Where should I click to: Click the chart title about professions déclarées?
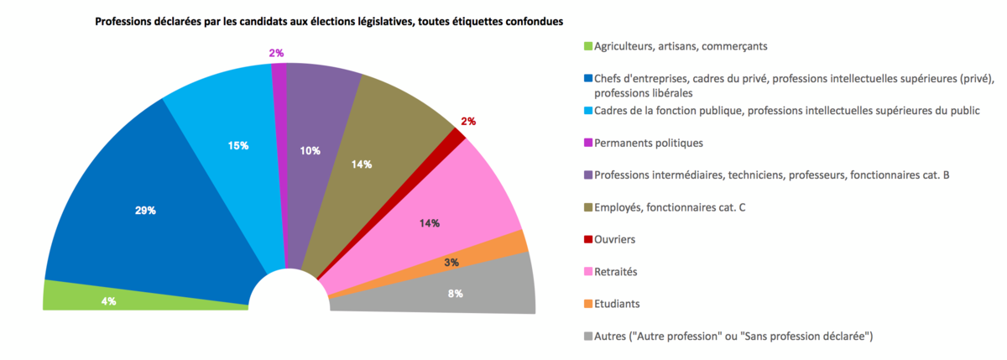(328, 20)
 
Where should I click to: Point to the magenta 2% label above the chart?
(276, 53)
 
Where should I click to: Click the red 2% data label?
(468, 122)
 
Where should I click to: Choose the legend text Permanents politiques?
(648, 143)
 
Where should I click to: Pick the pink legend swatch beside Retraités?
(588, 272)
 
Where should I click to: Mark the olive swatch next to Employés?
(588, 207)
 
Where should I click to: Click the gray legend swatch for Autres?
(588, 337)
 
